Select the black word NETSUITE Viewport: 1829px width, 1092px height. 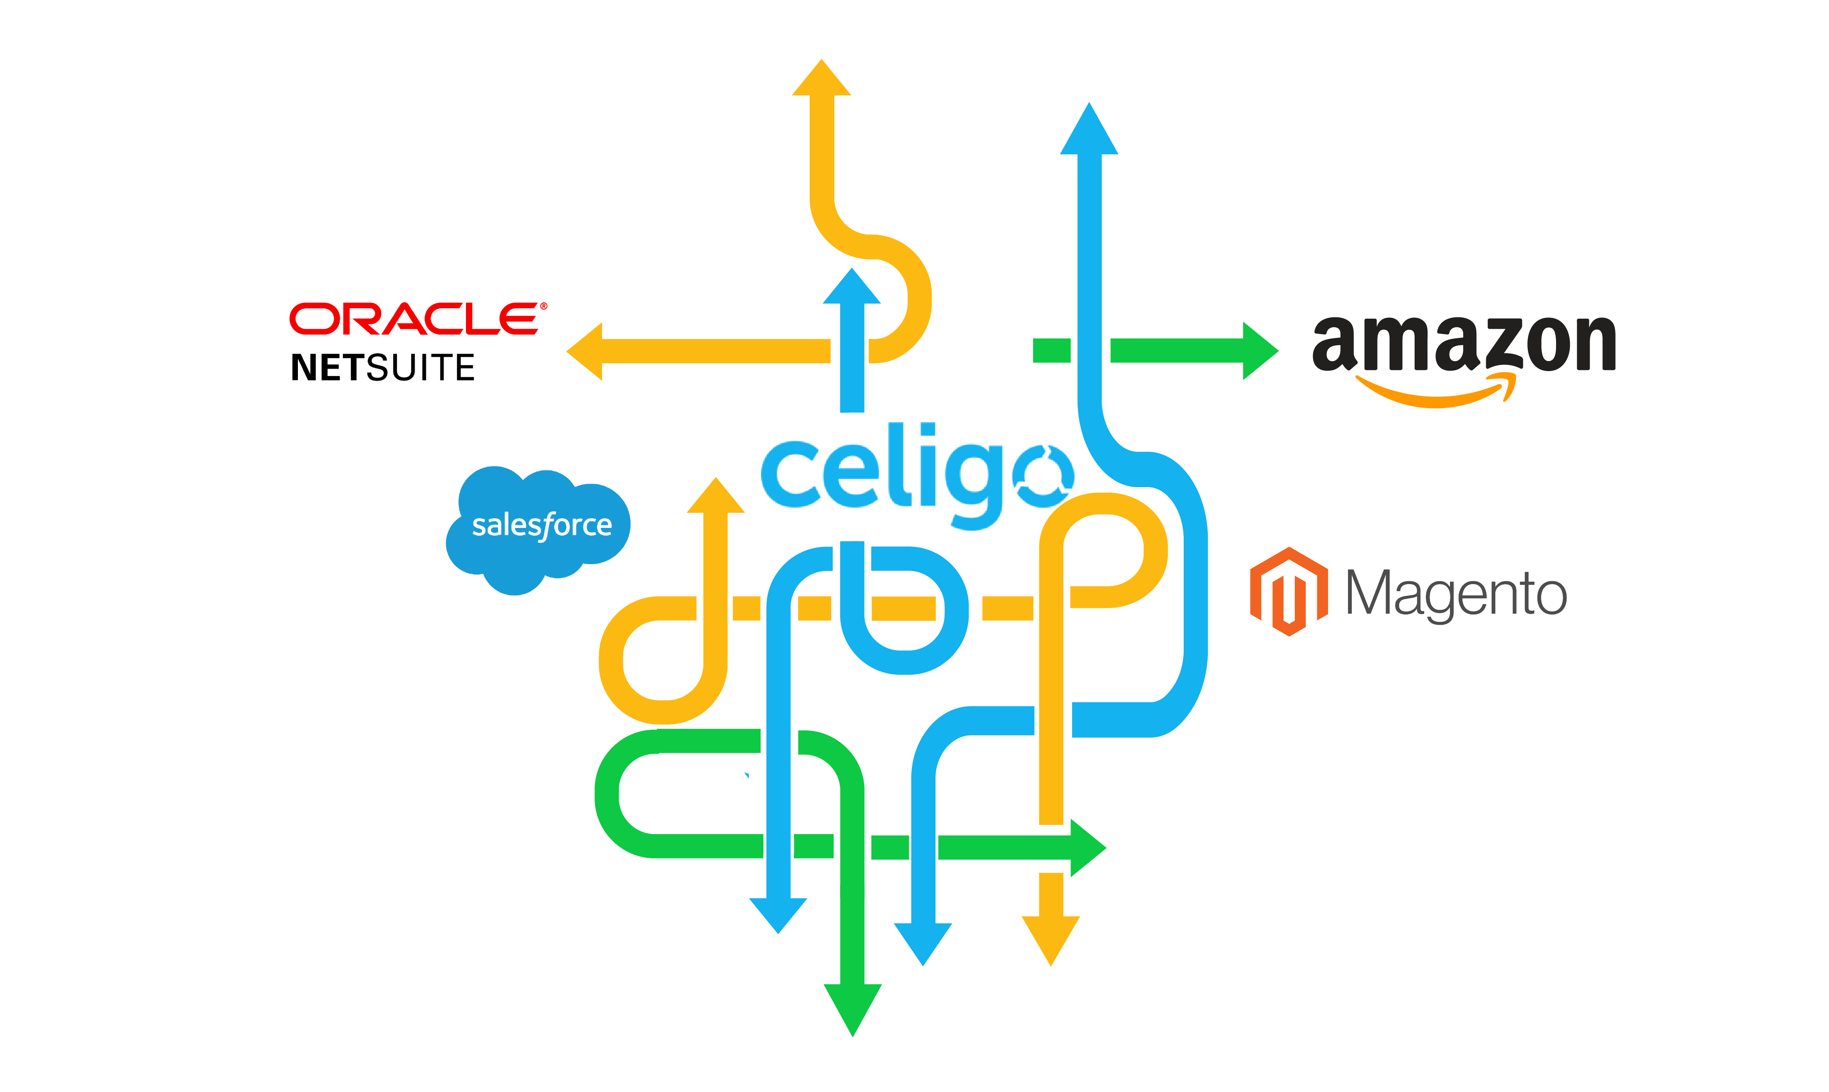(x=383, y=367)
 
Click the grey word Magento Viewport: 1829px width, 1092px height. (x=1455, y=594)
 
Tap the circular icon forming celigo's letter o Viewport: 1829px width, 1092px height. (x=1043, y=475)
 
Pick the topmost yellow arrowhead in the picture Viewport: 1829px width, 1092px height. (x=821, y=79)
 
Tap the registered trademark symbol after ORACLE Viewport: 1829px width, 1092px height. (x=544, y=306)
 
